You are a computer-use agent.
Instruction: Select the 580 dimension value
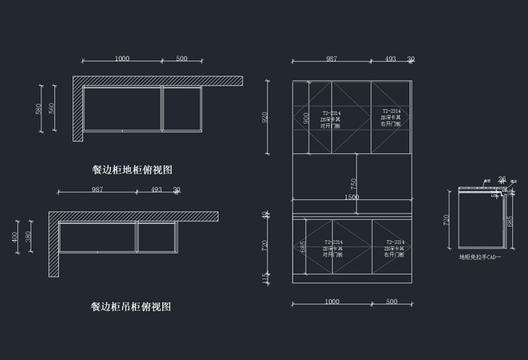(38, 109)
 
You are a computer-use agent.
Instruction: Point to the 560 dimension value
(52, 109)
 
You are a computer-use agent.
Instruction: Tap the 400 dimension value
(16, 237)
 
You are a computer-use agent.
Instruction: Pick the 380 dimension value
(29, 237)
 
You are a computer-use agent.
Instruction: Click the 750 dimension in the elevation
(354, 184)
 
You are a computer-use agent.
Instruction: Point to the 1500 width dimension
(351, 198)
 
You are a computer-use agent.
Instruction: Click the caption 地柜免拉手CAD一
(480, 257)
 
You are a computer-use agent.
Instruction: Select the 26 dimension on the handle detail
(502, 179)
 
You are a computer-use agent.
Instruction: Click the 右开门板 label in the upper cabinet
(391, 123)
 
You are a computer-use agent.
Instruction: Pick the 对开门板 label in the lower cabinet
(333, 254)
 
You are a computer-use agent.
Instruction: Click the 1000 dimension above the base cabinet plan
(121, 59)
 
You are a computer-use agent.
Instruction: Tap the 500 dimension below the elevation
(391, 301)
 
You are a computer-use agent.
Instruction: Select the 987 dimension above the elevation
(331, 59)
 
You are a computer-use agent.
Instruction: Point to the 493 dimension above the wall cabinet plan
(156, 189)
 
